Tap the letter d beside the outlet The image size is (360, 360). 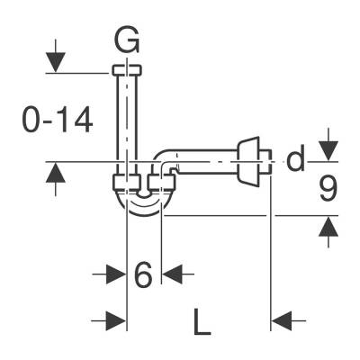[296, 161]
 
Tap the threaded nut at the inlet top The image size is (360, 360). [126, 70]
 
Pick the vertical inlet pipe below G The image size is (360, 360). [126, 121]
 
